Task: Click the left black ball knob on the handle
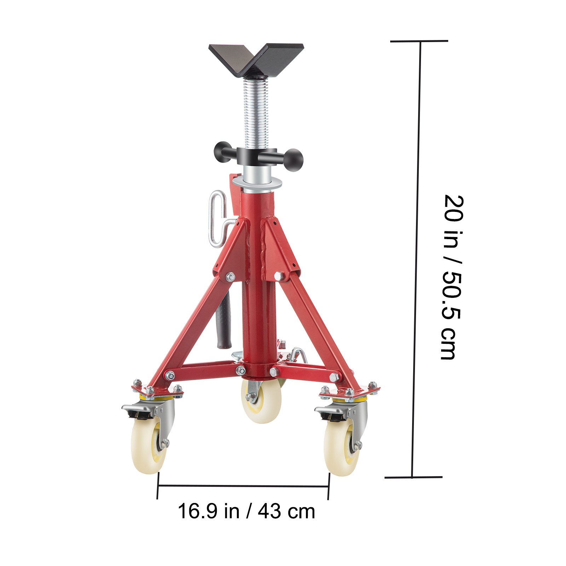[222, 151]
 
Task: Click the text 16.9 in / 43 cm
[246, 512]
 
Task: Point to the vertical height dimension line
[416, 258]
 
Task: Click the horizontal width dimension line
[243, 486]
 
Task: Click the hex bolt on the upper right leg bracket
[279, 276]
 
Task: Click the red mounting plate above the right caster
[350, 391]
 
